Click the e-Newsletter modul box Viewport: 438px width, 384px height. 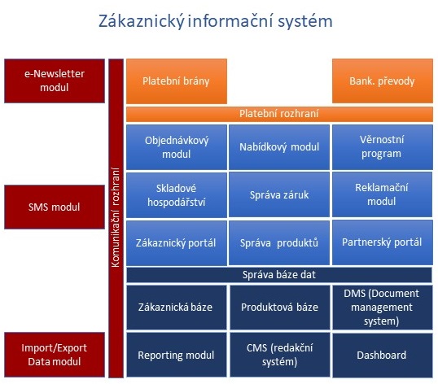pos(55,81)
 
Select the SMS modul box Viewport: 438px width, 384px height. pos(55,207)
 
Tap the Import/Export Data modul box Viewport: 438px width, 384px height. pos(55,355)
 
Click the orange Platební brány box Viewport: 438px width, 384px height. pos(177,81)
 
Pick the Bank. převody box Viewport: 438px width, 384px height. pos(383,81)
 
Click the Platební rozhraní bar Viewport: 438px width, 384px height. pos(279,114)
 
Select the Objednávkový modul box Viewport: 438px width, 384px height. pos(177,147)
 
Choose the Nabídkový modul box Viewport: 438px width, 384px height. pos(279,147)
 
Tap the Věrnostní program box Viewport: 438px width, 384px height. pos(383,147)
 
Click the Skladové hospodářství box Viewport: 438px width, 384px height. pos(177,194)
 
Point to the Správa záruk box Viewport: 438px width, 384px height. pos(279,194)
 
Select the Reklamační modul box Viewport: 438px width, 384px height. pos(382,194)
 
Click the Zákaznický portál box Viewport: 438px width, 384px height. pos(177,242)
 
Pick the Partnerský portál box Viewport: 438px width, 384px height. pos(383,242)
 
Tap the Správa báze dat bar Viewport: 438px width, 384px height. pos(279,275)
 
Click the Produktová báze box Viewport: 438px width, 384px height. pos(280,308)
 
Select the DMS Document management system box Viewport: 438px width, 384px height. pos(383,308)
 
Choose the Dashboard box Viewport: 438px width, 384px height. pos(383,356)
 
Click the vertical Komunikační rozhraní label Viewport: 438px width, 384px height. pos(116,218)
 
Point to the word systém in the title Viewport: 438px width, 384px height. pos(305,21)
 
